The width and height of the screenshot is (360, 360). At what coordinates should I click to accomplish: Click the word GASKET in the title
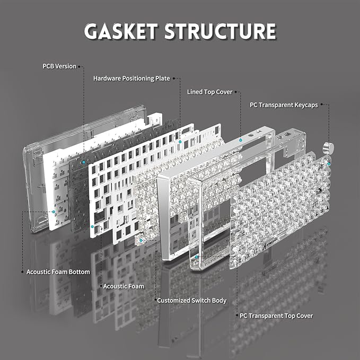tap(121, 31)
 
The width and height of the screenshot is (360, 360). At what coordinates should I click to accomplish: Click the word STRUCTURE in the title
tap(220, 31)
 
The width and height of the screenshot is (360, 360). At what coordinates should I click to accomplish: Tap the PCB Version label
tap(59, 66)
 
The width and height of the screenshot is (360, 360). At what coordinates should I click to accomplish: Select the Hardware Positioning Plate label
tap(131, 78)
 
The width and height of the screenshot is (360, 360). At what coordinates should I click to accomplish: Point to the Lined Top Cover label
tap(209, 92)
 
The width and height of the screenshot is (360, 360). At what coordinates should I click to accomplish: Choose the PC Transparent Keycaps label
tap(284, 105)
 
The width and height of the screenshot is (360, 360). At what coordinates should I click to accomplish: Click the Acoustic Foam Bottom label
tap(58, 272)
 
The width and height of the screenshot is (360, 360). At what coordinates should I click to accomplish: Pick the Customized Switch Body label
tap(192, 301)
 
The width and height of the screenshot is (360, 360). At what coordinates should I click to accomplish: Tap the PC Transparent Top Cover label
tap(276, 316)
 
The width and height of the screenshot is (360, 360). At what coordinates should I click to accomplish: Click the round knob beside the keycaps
tap(328, 148)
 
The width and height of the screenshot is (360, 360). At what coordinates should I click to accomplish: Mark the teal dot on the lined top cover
tap(241, 140)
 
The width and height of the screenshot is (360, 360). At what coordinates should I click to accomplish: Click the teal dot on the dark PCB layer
tap(84, 162)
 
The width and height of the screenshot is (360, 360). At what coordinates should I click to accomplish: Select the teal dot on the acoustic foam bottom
tap(54, 212)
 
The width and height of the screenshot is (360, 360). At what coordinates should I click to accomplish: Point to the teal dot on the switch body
tap(141, 240)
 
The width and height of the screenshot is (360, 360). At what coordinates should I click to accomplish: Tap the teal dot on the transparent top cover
tap(196, 257)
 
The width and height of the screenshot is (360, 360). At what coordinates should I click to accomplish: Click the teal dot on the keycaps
tap(329, 164)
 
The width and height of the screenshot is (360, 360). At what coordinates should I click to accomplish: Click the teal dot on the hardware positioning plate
tap(180, 142)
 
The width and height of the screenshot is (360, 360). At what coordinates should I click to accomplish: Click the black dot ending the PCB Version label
tap(79, 67)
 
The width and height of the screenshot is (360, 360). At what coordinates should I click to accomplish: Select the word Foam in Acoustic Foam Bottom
tap(61, 272)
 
